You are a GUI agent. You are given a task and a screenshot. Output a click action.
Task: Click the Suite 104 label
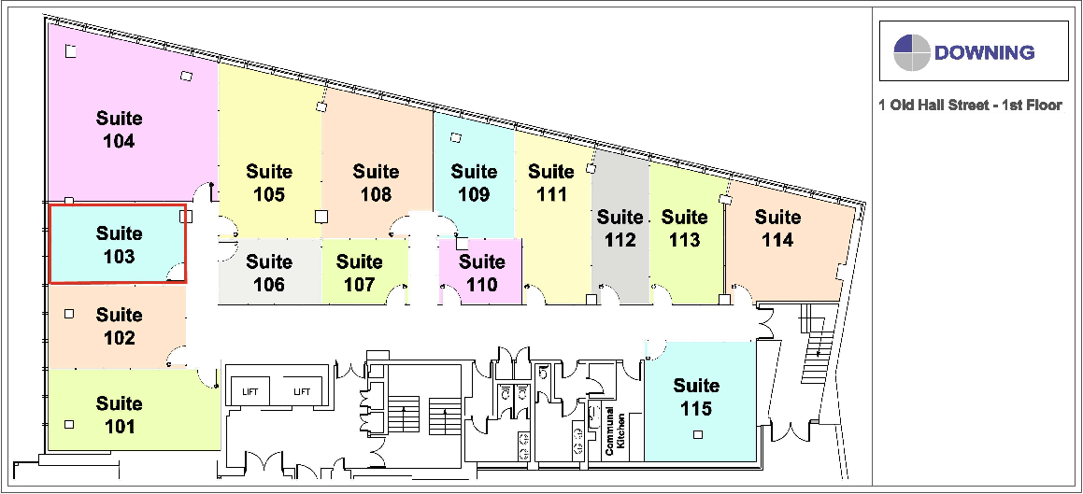[x=120, y=130]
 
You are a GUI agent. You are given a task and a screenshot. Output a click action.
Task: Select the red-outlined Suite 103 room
[x=118, y=245]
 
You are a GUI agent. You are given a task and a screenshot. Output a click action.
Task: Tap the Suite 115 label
[x=696, y=397]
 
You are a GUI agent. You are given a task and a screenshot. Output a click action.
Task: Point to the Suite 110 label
[x=482, y=273]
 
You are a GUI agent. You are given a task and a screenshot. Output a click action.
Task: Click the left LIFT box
[x=249, y=391]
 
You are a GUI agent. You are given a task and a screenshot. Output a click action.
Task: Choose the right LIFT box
[x=302, y=391]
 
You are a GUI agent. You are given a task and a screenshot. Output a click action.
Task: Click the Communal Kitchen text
[x=616, y=430]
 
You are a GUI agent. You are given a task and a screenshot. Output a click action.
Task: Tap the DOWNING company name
[x=984, y=52]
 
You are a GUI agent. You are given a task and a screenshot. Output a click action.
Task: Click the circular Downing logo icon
[x=912, y=53]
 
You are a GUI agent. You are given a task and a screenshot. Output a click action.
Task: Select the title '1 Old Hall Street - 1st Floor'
[x=970, y=106]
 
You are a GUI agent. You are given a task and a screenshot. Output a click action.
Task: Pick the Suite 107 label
[x=360, y=273]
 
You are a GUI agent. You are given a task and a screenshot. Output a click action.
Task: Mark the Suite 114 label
[x=777, y=229]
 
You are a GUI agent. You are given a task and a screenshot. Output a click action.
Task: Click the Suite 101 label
[x=119, y=415]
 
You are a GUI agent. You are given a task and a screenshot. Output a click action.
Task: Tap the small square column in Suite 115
[x=696, y=434]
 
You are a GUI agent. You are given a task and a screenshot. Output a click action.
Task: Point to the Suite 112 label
[x=620, y=229]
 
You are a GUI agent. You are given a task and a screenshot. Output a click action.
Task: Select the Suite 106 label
[x=269, y=273]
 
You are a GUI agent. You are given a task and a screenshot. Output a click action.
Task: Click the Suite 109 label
[x=474, y=183]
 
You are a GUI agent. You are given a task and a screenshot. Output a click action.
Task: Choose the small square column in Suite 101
[x=68, y=425]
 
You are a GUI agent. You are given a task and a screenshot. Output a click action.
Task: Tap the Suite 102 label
[x=119, y=326]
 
